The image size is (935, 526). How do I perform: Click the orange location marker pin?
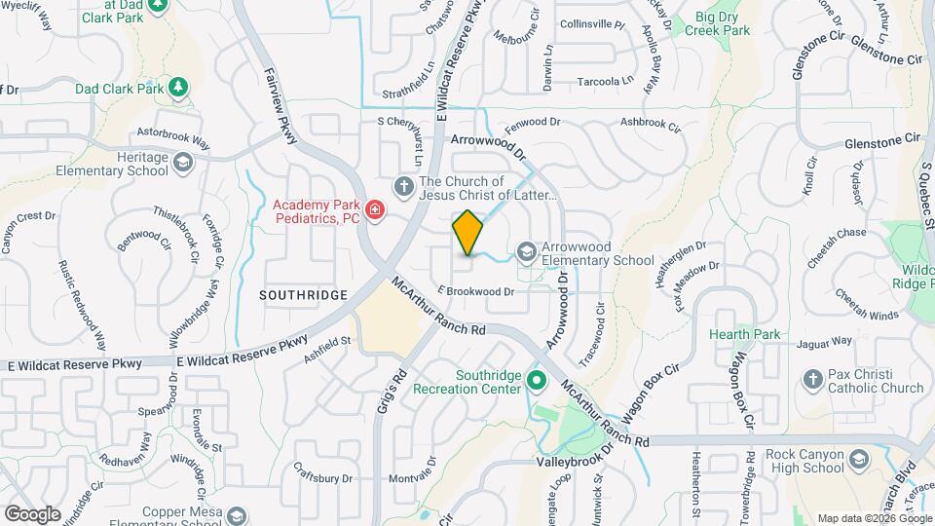pos(467,233)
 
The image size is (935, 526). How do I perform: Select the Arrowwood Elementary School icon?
pos(527,253)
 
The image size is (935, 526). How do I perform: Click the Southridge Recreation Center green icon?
pos(535,380)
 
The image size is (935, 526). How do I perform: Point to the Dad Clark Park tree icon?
pos(178,89)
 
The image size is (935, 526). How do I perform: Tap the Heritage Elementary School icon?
pos(182,164)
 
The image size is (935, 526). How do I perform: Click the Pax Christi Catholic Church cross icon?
pos(813,379)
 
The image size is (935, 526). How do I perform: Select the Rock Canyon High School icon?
pos(858,459)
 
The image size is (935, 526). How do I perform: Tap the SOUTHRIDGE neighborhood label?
pos(303,294)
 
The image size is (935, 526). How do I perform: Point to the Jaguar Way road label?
pos(824,342)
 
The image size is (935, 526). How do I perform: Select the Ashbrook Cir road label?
pos(652,123)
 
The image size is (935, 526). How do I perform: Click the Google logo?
pos(32,513)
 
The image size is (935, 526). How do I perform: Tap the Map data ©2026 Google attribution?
pos(872,518)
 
